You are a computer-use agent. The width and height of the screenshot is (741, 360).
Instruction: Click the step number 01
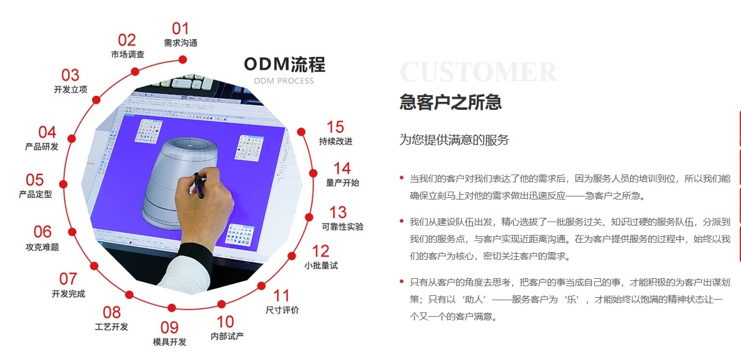180,29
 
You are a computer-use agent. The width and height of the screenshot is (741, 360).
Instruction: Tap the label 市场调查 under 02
128,54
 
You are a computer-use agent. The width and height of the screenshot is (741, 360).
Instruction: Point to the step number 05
35,180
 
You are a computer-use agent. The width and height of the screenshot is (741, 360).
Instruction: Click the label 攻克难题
42,247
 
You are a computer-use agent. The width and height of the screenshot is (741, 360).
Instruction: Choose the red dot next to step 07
94,265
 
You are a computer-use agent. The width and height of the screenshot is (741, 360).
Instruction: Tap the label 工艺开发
111,326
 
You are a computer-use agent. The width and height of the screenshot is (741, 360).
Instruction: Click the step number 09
170,328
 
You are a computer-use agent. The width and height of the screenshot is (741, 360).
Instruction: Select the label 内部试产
227,336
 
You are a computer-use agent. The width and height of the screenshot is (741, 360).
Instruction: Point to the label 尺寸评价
282,310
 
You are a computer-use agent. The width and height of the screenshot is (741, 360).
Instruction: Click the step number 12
320,251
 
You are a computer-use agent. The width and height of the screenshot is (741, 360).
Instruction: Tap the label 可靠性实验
342,226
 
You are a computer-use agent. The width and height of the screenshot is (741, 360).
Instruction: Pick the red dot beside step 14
313,173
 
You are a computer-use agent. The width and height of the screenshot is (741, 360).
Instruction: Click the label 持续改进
335,141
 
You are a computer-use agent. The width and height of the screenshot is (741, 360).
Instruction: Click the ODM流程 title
284,64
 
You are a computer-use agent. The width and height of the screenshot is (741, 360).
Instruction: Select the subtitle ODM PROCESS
284,81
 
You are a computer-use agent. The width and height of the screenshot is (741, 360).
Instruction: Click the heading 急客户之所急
450,102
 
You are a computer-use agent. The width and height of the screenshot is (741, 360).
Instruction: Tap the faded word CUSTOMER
479,72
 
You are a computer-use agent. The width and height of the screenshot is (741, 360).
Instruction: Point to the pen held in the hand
199,185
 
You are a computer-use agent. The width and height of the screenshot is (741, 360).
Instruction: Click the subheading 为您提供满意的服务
454,140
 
